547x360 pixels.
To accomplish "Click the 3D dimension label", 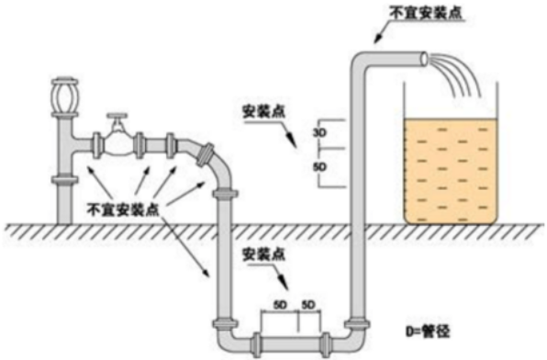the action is point(319,133).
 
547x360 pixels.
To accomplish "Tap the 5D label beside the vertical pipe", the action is point(319,168).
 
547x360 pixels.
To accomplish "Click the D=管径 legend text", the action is point(428,331).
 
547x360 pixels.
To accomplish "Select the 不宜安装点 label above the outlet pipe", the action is point(425,13).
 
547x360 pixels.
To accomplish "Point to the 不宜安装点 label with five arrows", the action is point(123,209).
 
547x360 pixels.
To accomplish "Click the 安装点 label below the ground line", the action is point(264,254).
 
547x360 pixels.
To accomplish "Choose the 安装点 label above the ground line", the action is point(264,112).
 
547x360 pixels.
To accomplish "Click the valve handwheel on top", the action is point(117,115).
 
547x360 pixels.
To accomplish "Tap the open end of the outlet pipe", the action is point(424,60).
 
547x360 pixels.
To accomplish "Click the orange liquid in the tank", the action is point(451,171).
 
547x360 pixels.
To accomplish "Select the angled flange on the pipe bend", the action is point(206,154).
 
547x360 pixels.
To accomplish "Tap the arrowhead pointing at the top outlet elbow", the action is point(377,39).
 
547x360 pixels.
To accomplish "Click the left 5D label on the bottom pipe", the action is point(279,305).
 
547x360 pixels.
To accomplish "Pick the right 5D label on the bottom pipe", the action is point(308,305).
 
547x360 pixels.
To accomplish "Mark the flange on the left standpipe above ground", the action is point(64,179).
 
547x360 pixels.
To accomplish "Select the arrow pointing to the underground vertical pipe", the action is point(184,247).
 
